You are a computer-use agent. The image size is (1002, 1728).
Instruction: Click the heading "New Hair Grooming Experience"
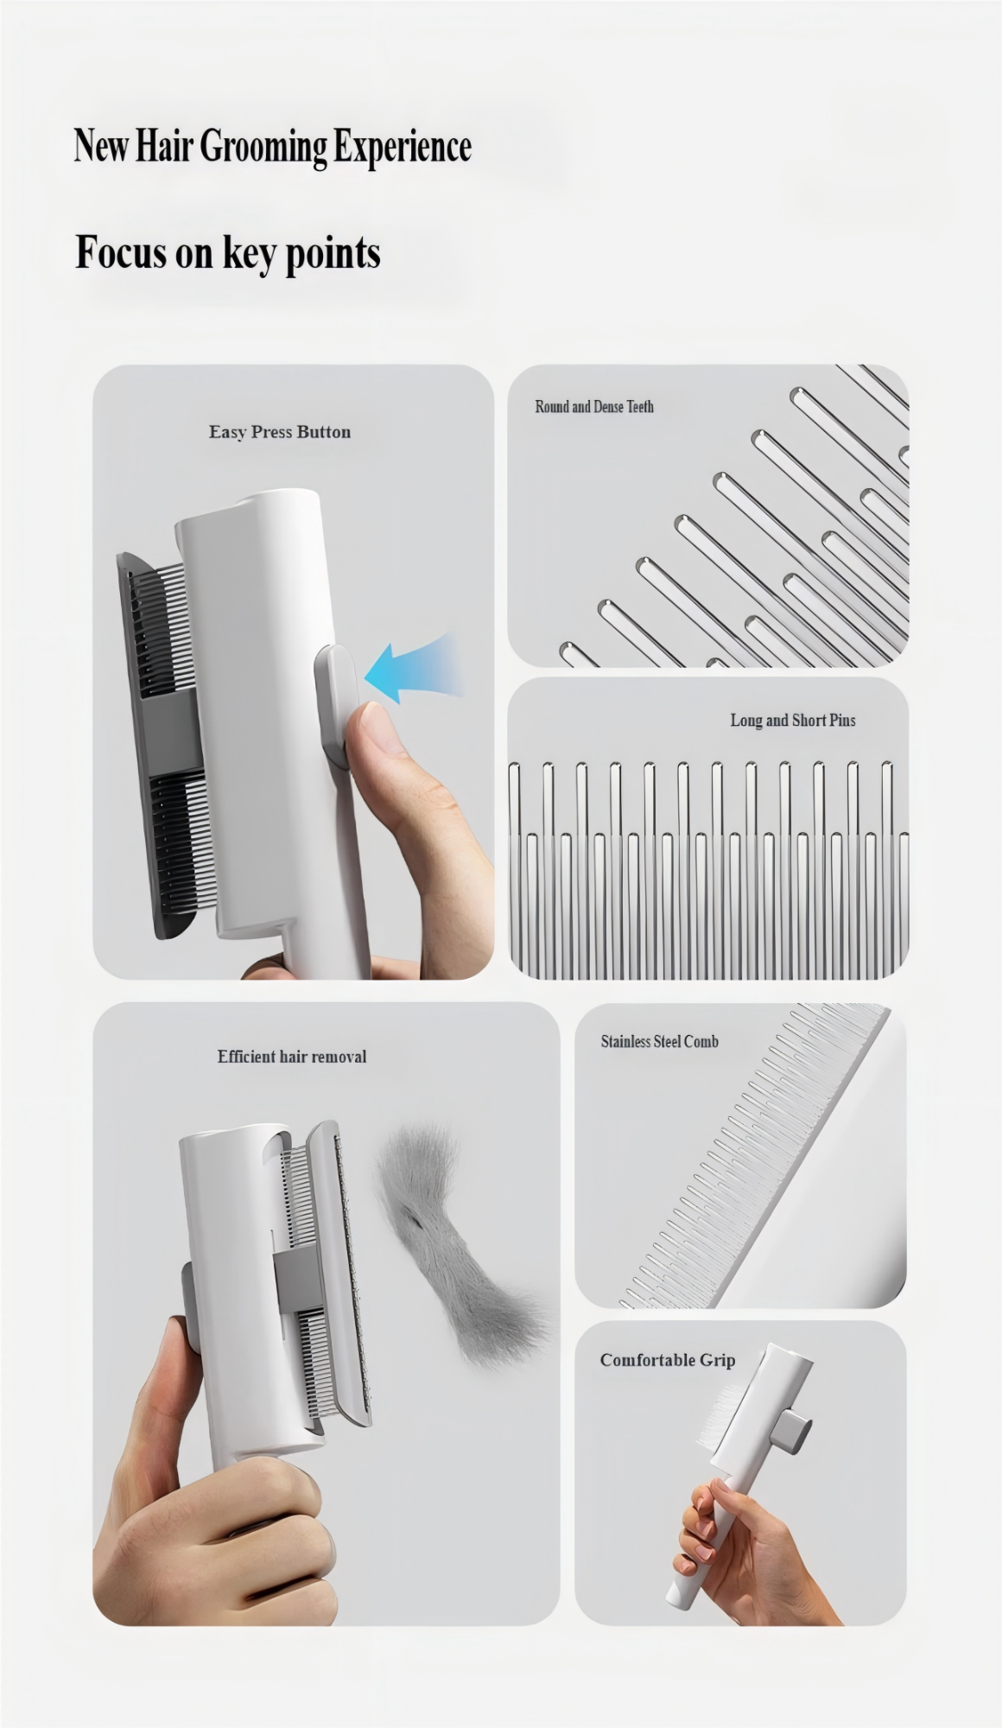tap(272, 146)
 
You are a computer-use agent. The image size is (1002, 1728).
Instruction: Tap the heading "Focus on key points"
tap(228, 253)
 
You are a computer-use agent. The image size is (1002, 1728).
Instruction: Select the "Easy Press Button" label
tap(280, 432)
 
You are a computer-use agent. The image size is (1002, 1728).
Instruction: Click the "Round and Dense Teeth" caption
tap(594, 406)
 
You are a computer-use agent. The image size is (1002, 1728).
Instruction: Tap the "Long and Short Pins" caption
tap(793, 720)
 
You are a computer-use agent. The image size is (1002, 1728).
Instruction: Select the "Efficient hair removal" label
tap(292, 1056)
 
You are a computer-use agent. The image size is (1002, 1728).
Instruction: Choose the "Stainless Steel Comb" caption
tap(660, 1041)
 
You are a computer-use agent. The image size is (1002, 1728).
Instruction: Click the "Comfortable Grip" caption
tap(668, 1360)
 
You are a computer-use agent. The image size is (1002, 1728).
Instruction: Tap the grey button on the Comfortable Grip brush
tap(793, 1430)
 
